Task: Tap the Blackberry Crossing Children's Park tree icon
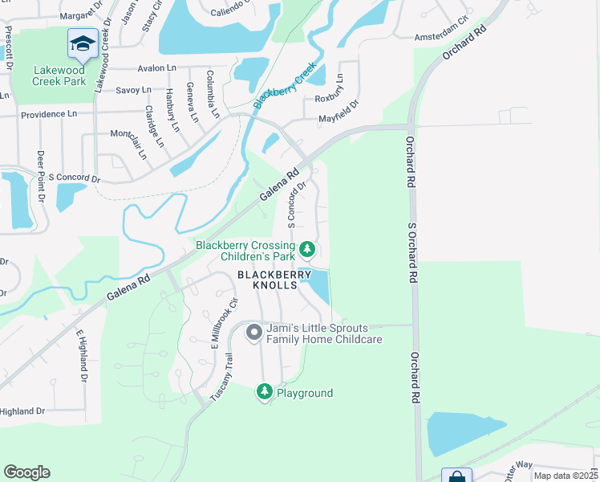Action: coord(306,251)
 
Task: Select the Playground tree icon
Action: coord(264,392)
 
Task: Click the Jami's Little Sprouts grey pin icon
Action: coord(254,332)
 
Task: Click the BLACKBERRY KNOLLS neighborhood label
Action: coord(273,280)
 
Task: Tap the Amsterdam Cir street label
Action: coord(440,38)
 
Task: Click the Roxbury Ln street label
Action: coord(339,86)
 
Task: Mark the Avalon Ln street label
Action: coord(156,68)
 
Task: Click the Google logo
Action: coord(26,472)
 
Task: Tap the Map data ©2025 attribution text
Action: coord(566,476)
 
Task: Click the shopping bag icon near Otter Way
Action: coord(456,476)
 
